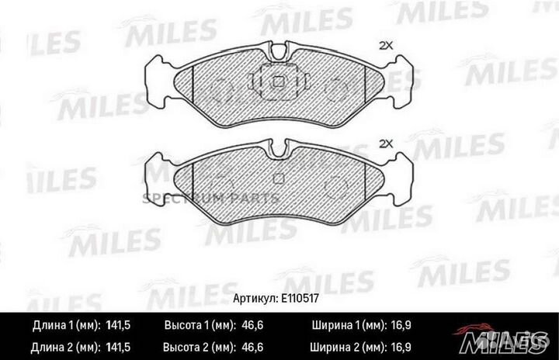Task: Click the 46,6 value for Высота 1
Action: tap(246, 324)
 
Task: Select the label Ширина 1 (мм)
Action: tap(349, 324)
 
